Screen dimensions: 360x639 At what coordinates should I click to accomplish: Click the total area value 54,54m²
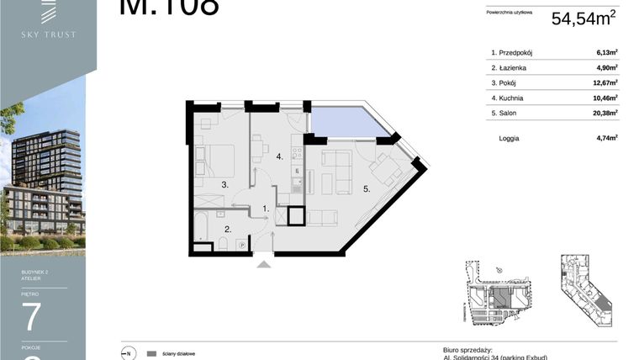pyautogui.click(x=584, y=19)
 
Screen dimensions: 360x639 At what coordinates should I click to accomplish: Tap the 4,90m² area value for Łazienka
pyautogui.click(x=606, y=68)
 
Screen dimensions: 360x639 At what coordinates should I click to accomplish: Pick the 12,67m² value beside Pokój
pyautogui.click(x=605, y=82)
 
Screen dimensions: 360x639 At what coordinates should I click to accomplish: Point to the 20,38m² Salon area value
pyautogui.click(x=605, y=112)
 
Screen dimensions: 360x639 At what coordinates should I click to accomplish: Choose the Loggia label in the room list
pyautogui.click(x=510, y=136)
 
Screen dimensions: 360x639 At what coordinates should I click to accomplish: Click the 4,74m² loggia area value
pyautogui.click(x=606, y=136)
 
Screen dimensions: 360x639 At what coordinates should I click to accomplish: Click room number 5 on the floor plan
pyautogui.click(x=366, y=189)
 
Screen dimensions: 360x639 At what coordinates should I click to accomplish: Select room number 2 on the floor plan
pyautogui.click(x=226, y=228)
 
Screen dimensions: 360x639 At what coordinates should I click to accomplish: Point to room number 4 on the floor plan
pyautogui.click(x=277, y=156)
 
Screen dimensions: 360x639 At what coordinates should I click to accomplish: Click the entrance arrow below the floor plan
pyautogui.click(x=264, y=265)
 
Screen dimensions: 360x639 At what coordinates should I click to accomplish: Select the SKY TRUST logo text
pyautogui.click(x=49, y=34)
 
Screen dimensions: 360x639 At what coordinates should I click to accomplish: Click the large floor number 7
pyautogui.click(x=32, y=315)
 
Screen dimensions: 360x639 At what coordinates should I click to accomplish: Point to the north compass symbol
pyautogui.click(x=129, y=353)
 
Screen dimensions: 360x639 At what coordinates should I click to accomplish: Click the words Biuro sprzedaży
pyautogui.click(x=467, y=349)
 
